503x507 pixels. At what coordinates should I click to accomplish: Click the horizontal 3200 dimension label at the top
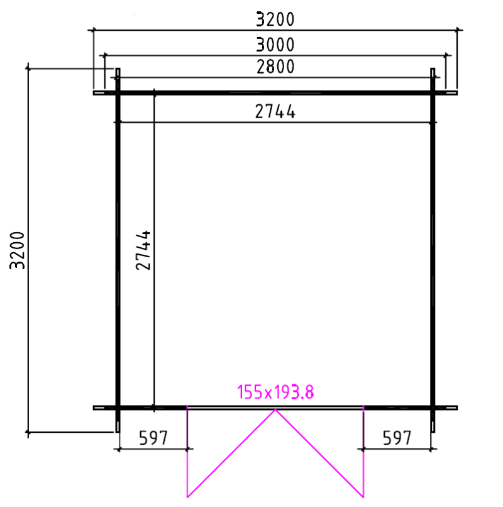[275, 19]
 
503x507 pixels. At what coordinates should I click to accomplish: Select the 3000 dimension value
[275, 45]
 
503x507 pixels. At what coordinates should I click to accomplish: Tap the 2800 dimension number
[275, 67]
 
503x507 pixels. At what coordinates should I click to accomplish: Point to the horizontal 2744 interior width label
[275, 111]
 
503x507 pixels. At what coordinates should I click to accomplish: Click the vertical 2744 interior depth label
[143, 250]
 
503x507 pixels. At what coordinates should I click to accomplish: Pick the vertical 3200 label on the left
[18, 250]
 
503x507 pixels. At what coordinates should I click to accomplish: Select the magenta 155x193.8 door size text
[275, 392]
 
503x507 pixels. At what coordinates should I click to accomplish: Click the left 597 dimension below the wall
[153, 438]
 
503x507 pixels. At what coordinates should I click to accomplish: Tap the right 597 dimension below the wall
[397, 438]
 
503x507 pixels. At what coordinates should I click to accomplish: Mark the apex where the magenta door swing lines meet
[275, 409]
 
